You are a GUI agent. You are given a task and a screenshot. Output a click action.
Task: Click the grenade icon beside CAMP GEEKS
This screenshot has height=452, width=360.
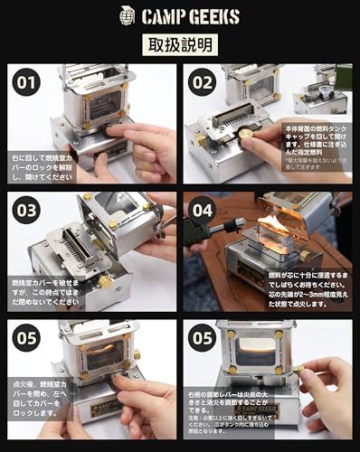(127, 14)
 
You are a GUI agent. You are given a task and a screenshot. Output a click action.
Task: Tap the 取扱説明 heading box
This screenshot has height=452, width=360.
(180, 44)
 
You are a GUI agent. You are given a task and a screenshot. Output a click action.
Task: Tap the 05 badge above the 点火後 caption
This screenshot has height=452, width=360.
(27, 337)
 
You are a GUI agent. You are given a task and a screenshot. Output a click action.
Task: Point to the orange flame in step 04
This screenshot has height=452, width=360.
(273, 220)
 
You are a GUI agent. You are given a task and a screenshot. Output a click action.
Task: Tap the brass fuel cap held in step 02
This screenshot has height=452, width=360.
(245, 134)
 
